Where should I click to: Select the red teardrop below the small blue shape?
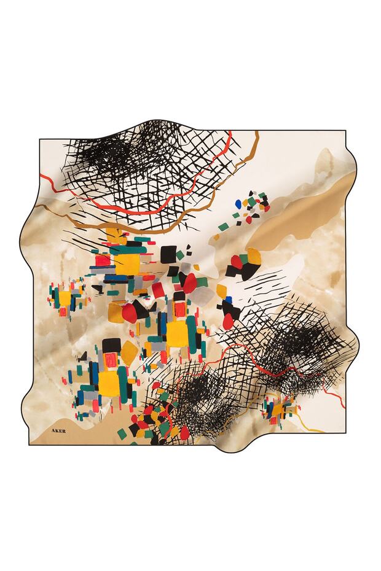[x=229, y=319]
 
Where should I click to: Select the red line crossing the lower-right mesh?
[x=258, y=362]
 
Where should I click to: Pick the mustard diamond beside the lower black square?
[x=129, y=351]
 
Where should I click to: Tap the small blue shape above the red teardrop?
[x=228, y=301]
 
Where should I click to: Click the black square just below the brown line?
[x=168, y=253]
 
